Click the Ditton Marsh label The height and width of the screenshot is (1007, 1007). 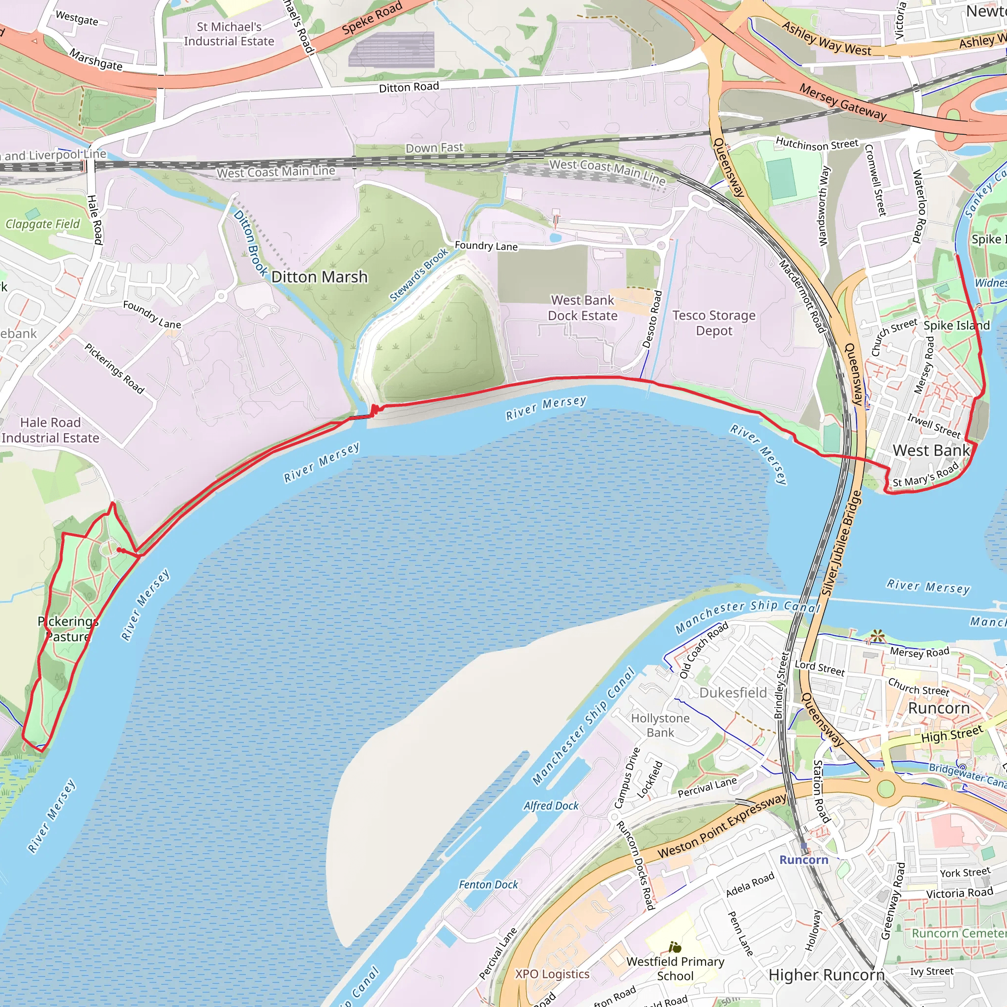pos(319,277)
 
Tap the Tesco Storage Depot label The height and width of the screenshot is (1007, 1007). pos(713,323)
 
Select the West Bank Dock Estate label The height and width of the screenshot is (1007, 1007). pos(582,307)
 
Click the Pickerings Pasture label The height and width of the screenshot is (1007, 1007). pos(68,628)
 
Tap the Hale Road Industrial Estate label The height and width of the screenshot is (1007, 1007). pos(50,430)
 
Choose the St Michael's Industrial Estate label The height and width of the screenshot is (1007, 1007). pos(229,34)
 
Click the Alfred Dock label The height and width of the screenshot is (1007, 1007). pos(551,806)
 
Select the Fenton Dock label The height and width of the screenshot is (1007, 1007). pos(488,885)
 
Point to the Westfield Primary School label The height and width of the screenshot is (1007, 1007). pos(675,969)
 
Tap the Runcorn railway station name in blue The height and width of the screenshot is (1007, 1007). pos(804,860)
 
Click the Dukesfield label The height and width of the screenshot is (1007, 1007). pos(733,693)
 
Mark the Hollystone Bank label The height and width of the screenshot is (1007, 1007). pos(660,725)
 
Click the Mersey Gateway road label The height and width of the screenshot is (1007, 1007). pos(843,102)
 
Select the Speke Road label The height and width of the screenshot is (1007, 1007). pos(372,18)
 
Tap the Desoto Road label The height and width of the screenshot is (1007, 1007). pos(652,319)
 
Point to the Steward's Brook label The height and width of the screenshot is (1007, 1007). pos(419,274)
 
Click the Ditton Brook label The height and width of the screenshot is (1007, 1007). pos(251,243)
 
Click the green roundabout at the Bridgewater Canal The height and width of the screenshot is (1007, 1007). pos(886,789)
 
